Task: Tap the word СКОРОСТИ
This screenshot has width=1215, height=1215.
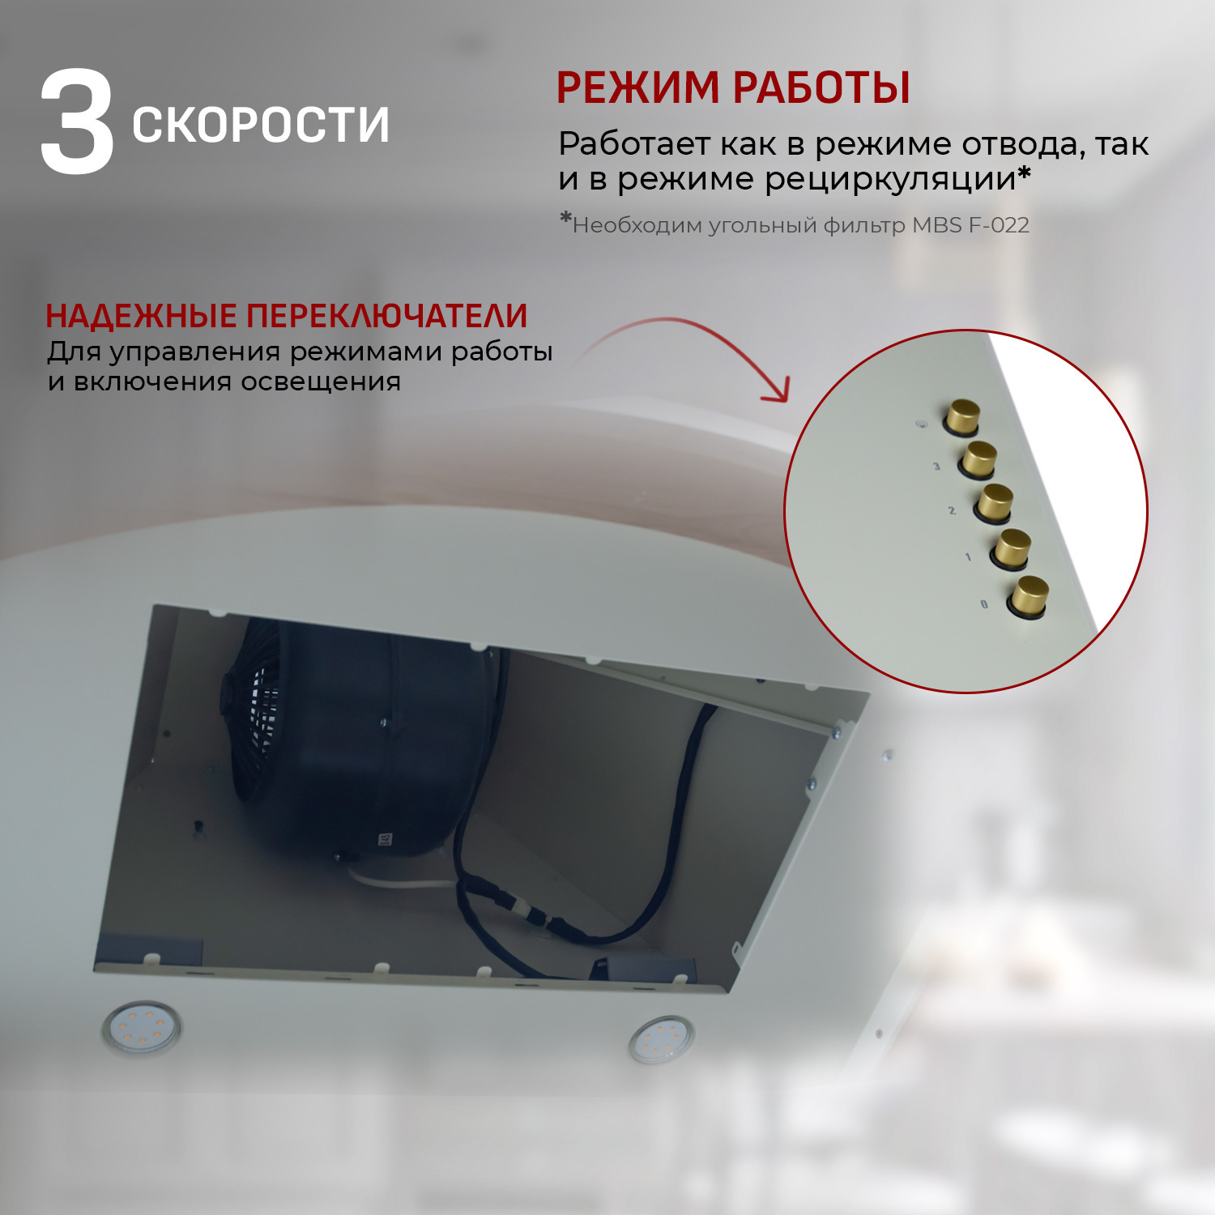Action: click(x=260, y=125)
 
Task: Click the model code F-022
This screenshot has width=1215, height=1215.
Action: click(x=998, y=225)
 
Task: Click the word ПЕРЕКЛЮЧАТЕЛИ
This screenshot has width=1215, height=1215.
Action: click(x=386, y=316)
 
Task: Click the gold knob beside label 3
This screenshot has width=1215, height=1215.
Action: click(x=978, y=460)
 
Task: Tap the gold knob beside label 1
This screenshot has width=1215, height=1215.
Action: click(x=1013, y=548)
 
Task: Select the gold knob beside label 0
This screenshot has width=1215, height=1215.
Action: click(x=1029, y=596)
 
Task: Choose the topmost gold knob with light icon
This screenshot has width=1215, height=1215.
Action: click(x=962, y=416)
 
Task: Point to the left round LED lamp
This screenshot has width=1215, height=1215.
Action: click(x=142, y=1027)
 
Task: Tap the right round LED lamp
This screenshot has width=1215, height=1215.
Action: click(x=662, y=1039)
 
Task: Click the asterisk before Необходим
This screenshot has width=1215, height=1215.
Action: click(x=565, y=219)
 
